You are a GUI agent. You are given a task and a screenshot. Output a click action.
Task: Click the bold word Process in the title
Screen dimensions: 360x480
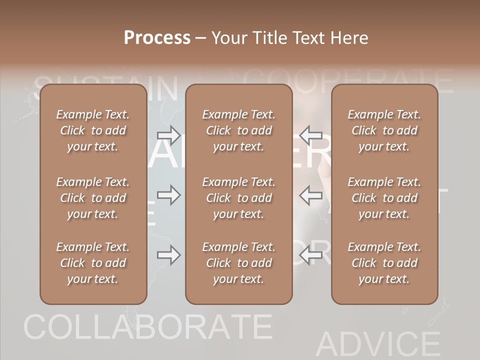click(x=157, y=38)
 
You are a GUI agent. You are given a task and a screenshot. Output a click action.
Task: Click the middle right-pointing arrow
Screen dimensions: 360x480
click(x=168, y=195)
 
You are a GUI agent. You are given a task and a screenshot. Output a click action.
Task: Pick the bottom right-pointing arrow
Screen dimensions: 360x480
click(x=168, y=255)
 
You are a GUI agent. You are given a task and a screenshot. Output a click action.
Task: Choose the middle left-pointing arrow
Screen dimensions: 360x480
click(x=310, y=195)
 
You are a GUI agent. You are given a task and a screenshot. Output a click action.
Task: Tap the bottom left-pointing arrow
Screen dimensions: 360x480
click(x=310, y=255)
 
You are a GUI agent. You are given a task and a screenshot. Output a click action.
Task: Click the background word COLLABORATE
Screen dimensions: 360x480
click(x=147, y=327)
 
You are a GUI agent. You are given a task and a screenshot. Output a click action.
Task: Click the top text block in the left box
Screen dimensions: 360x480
click(x=93, y=130)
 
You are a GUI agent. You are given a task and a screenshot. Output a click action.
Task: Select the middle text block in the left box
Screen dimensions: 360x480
click(x=93, y=198)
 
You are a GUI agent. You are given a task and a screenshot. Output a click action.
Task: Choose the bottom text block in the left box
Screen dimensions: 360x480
click(x=93, y=263)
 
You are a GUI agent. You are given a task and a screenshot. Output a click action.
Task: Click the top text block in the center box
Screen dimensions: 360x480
click(x=238, y=130)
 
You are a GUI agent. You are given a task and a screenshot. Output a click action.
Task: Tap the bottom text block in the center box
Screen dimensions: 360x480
click(x=238, y=263)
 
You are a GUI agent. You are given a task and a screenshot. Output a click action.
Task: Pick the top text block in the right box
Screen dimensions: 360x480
click(x=384, y=130)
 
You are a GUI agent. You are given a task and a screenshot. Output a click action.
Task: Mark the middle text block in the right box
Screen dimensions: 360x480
click(x=384, y=198)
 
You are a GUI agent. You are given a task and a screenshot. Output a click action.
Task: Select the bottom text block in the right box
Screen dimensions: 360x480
click(x=384, y=263)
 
